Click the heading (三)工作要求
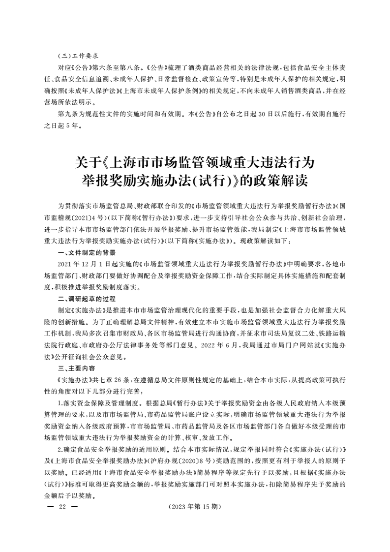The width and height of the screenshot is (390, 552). click(78, 55)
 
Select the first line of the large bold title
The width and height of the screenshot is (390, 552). click(195, 161)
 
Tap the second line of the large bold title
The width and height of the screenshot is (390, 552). click(195, 181)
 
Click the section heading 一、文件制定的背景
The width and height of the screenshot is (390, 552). click(86, 252)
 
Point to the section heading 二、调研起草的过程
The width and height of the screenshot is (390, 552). click(86, 299)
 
